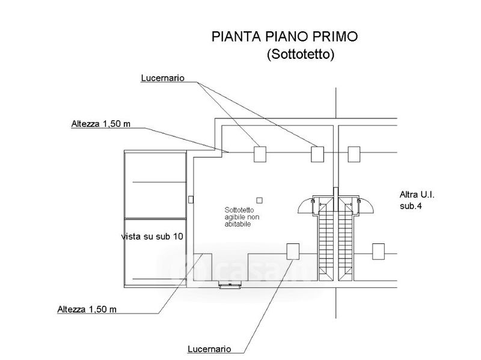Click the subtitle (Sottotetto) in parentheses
[x=300, y=54]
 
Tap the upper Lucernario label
[x=162, y=78]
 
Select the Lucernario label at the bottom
[x=209, y=349]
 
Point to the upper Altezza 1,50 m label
[x=100, y=124]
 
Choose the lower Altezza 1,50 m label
[x=87, y=309]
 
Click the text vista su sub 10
[x=152, y=236]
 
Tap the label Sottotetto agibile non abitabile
[x=242, y=217]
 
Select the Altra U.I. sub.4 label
[x=417, y=200]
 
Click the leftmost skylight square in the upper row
[x=260, y=154]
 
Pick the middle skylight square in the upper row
[x=317, y=154]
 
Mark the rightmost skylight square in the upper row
[x=354, y=154]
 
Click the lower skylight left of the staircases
[x=293, y=251]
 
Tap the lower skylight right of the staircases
[x=378, y=251]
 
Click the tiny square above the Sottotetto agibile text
[x=260, y=200]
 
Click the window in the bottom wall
[x=230, y=284]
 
